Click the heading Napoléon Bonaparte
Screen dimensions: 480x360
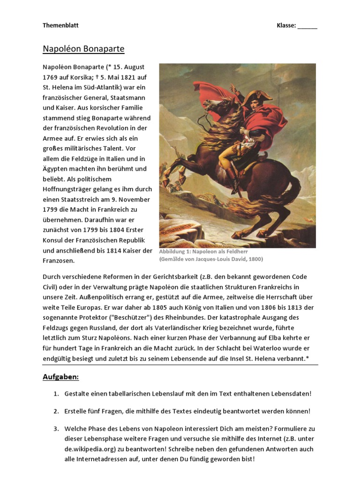click(x=83, y=49)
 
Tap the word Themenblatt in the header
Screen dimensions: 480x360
click(x=60, y=25)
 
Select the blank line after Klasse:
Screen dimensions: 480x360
click(x=307, y=26)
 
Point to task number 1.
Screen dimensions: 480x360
click(x=56, y=394)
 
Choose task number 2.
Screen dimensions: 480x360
click(x=56, y=411)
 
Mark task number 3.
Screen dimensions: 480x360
click(x=56, y=428)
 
